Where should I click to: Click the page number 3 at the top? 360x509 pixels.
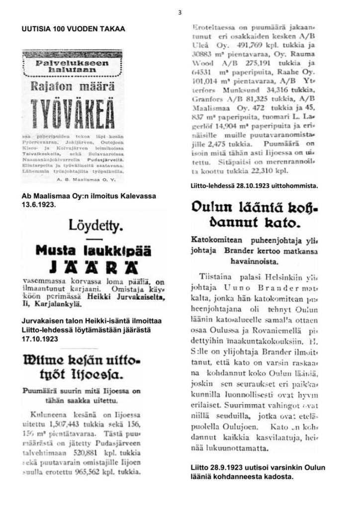[180, 12]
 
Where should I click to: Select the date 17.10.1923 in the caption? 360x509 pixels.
[41, 340]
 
